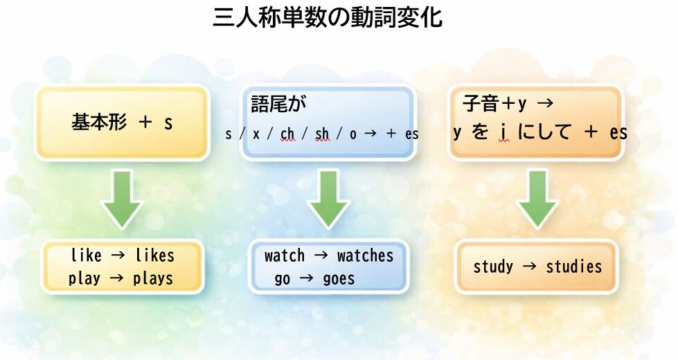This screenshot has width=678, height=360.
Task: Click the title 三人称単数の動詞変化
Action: tap(327, 17)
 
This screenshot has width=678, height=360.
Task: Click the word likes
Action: tap(155, 256)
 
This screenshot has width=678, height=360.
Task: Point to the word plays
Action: tap(153, 279)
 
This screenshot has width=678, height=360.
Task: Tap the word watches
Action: tap(365, 256)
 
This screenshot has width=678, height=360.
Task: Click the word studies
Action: tap(574, 267)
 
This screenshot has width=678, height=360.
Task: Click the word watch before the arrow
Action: tap(284, 256)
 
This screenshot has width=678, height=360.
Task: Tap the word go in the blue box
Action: tap(283, 280)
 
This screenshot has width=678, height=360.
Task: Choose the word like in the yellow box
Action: tap(86, 256)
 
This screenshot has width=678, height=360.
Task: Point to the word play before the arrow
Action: tap(84, 279)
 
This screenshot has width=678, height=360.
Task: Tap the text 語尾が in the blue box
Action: tap(278, 104)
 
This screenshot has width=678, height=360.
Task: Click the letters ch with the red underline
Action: tap(287, 134)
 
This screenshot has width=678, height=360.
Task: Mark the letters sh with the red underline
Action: tap(322, 134)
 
